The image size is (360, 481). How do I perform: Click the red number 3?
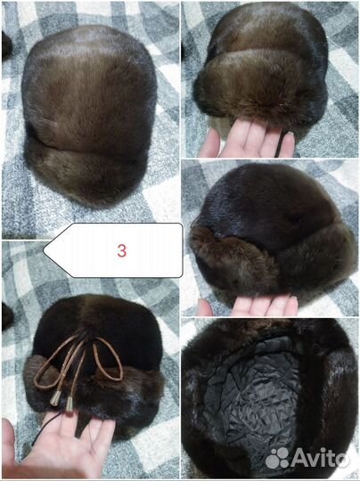point(121,250)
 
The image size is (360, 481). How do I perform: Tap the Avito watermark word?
point(320,459)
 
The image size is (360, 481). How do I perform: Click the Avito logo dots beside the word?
point(277,459)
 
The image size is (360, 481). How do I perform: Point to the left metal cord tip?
point(55,398)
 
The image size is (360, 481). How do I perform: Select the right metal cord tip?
point(70,404)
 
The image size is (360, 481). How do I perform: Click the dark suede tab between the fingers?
point(80,426)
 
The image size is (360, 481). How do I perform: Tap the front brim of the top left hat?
point(86,175)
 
